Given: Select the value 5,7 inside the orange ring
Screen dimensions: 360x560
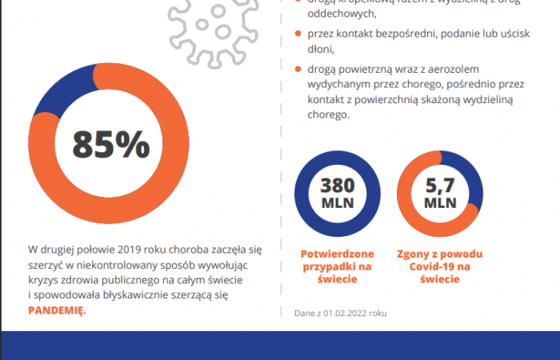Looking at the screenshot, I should [440, 186].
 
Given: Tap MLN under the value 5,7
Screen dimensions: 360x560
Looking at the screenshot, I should [440, 203].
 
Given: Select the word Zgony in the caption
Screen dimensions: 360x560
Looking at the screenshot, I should [414, 254].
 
